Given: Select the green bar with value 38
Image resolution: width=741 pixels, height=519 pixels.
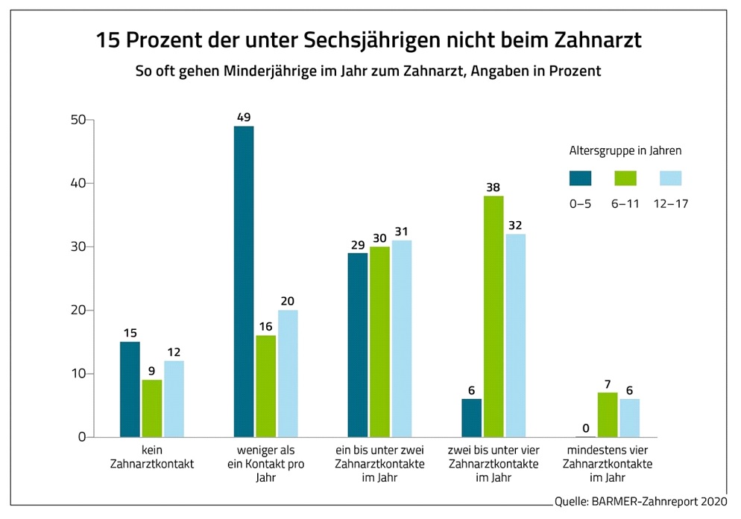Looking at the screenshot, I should (x=493, y=316).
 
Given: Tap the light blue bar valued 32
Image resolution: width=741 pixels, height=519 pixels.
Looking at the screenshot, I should (x=515, y=335).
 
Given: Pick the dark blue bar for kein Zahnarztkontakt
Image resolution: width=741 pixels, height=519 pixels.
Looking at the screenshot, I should (x=130, y=389).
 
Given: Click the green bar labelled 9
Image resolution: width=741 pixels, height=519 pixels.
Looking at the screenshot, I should (x=152, y=408).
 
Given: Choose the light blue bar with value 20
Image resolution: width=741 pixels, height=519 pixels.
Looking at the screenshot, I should (x=288, y=373).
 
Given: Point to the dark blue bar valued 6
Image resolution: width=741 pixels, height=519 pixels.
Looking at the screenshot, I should (x=471, y=418).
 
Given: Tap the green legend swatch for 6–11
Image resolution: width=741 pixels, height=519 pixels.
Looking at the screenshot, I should (x=625, y=178).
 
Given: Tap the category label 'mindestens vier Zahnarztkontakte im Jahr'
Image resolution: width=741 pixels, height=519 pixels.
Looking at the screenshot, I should (x=608, y=464).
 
